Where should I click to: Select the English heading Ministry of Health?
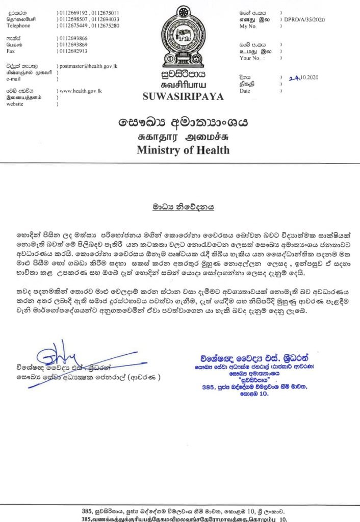[183, 150]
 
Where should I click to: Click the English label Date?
[245, 91]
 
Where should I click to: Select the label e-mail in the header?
[14, 79]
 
